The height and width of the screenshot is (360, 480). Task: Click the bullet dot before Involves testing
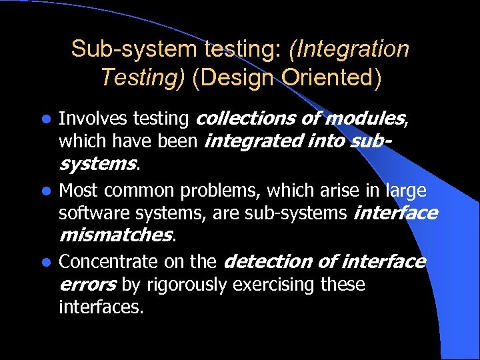[45, 120]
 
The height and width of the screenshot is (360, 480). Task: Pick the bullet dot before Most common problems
[45, 192]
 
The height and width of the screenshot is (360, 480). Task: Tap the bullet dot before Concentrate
[45, 262]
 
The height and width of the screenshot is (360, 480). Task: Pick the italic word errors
[88, 285]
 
